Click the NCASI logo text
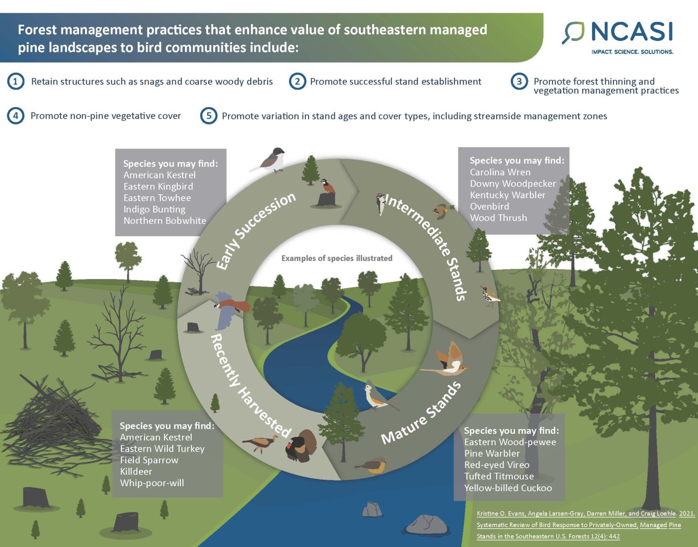pyautogui.click(x=632, y=32)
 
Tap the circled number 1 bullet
pyautogui.click(x=15, y=81)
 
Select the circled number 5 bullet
pyautogui.click(x=209, y=115)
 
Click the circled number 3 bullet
pyautogui.click(x=519, y=81)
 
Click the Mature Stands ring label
pyautogui.click(x=421, y=413)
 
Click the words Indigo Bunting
pyautogui.click(x=155, y=209)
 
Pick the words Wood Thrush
pyautogui.click(x=499, y=218)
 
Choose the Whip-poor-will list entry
pyautogui.click(x=152, y=482)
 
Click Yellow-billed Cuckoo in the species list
pyautogui.click(x=508, y=488)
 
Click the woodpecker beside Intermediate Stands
pyautogui.click(x=380, y=203)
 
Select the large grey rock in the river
pyautogui.click(x=426, y=525)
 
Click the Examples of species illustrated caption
pyautogui.click(x=337, y=258)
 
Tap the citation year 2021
pyautogui.click(x=687, y=513)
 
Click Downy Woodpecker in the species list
pyautogui.click(x=513, y=184)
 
